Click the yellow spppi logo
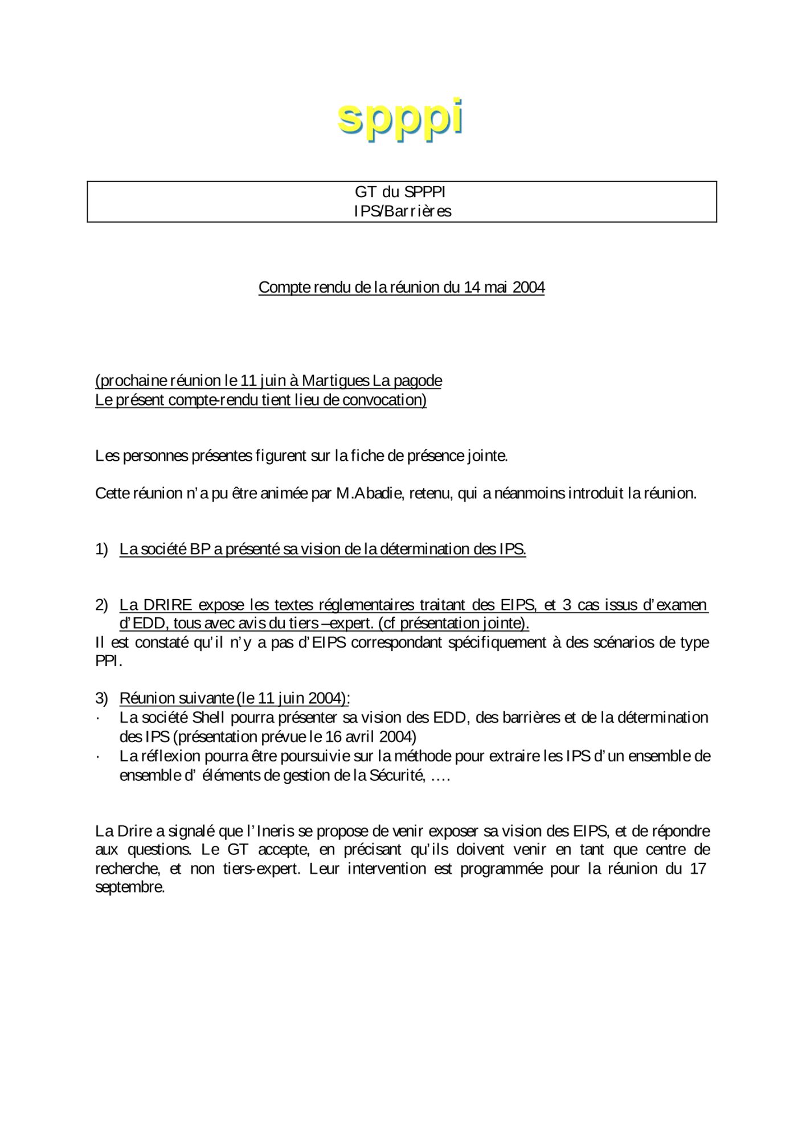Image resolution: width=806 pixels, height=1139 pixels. coord(400,118)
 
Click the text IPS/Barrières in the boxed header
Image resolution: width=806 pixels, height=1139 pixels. coord(402,211)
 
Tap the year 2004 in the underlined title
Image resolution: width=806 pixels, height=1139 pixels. coord(529,288)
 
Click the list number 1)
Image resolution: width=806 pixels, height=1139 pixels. coord(101,550)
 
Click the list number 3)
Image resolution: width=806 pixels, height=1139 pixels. coord(101,698)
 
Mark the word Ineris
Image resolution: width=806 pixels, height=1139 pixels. coord(275,831)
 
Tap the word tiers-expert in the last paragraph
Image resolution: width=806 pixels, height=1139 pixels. coord(261,869)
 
